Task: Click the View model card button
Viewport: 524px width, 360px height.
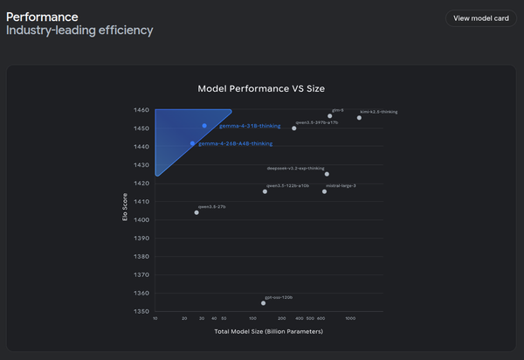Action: pos(480,18)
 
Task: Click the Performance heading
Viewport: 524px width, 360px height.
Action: pos(42,16)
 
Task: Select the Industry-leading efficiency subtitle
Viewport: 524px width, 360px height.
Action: pos(79,31)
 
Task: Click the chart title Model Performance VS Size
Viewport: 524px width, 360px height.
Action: pos(268,88)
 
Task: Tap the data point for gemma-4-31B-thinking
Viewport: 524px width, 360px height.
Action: pos(204,126)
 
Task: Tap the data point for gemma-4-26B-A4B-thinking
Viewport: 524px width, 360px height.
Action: pos(192,143)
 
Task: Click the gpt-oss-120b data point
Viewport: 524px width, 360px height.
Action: pos(263,303)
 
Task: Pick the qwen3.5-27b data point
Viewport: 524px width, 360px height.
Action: pos(196,212)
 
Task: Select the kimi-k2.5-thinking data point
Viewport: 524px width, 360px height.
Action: pos(359,117)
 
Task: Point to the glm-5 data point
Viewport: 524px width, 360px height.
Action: pos(330,115)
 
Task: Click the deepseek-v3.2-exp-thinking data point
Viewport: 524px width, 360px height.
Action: pos(327,174)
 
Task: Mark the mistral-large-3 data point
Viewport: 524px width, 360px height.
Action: pos(324,191)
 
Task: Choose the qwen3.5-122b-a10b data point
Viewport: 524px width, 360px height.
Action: pos(265,191)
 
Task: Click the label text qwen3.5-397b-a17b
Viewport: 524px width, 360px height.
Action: pos(317,122)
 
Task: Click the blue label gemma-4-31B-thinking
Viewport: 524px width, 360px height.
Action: pos(244,126)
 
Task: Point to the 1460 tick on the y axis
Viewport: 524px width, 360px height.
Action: pos(140,111)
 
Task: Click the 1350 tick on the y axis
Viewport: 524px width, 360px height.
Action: pos(140,311)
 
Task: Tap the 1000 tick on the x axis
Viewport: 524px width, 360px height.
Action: pos(350,319)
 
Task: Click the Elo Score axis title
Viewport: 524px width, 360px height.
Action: pos(125,211)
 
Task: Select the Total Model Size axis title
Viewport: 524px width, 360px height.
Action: pos(268,332)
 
